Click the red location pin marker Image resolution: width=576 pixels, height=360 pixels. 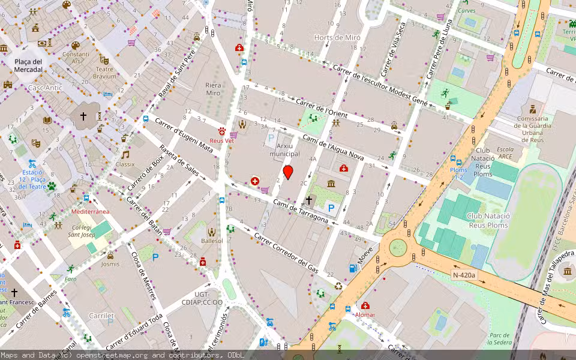(x=288, y=173)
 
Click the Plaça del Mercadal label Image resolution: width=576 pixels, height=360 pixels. (x=29, y=65)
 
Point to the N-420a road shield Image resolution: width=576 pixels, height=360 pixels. (x=464, y=275)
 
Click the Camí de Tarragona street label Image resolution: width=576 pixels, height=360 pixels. (x=301, y=211)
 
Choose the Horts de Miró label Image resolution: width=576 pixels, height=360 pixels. (x=338, y=37)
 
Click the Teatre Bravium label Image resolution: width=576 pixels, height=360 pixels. (x=105, y=73)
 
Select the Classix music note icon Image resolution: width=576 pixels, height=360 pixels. (x=125, y=154)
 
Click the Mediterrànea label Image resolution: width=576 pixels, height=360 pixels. (x=90, y=212)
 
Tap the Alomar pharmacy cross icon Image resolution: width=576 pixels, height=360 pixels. (x=365, y=305)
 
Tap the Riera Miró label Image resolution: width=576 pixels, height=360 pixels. (x=213, y=89)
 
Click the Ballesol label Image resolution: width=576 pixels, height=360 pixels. (x=212, y=241)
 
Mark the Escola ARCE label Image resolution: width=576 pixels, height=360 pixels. (x=505, y=153)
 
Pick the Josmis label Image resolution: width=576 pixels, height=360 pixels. (x=110, y=264)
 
